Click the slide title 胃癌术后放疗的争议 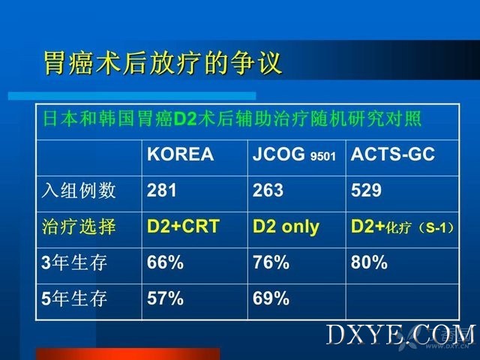[163, 63]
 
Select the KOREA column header [180, 154]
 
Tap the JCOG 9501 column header [294, 154]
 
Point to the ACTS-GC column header [393, 154]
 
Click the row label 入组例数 [79, 190]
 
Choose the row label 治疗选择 [79, 226]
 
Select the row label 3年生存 [74, 262]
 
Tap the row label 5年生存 [74, 298]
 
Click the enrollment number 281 [162, 190]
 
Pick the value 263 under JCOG [268, 190]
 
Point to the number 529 [366, 190]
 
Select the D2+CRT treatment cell [183, 226]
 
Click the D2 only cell [286, 226]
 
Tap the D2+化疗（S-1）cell [402, 226]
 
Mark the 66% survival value [165, 262]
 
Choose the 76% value [271, 262]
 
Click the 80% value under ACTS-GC [369, 262]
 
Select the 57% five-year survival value [165, 298]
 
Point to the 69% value [271, 298]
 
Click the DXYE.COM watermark [400, 335]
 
